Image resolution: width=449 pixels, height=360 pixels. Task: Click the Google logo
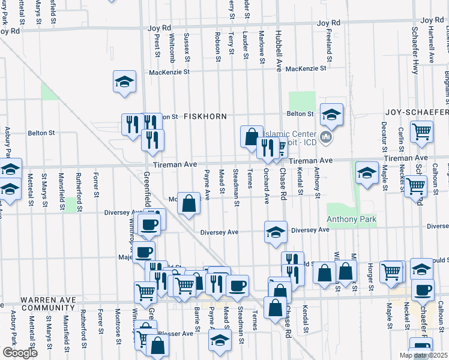click(x=20, y=353)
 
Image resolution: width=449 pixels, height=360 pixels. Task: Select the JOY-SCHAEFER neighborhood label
click(x=416, y=113)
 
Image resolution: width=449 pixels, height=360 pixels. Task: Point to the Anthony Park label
click(x=351, y=220)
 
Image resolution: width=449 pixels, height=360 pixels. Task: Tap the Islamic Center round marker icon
click(x=326, y=138)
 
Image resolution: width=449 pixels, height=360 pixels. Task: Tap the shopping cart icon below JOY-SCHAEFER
click(x=422, y=131)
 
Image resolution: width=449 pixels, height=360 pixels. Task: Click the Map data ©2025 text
click(x=423, y=355)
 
